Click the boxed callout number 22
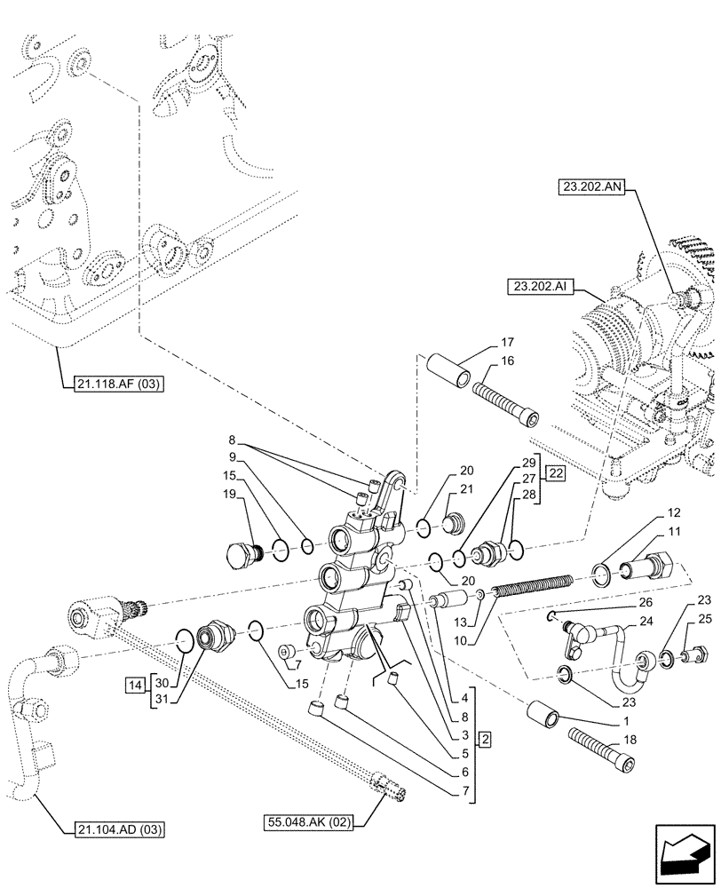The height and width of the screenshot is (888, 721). point(555,472)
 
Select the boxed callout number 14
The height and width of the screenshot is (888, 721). point(134,685)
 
